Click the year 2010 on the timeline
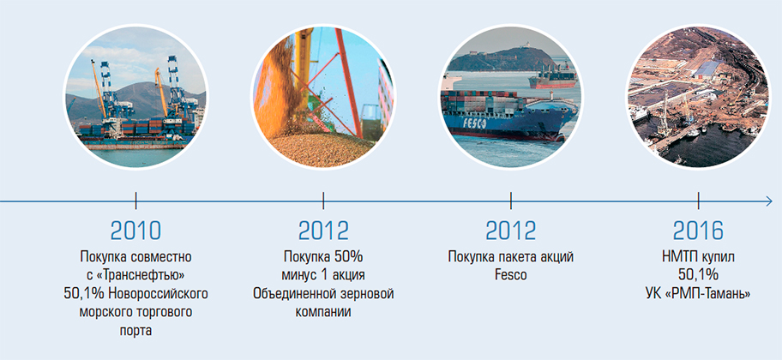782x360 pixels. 135,231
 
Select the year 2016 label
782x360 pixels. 698,231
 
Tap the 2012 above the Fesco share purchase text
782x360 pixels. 511,231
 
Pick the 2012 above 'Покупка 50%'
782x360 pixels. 323,231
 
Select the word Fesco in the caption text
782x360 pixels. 511,275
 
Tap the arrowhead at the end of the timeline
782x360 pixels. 768,201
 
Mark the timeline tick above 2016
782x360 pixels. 698,201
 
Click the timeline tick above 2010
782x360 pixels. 135,201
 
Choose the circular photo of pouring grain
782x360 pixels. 323,97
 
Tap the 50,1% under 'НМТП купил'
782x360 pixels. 698,275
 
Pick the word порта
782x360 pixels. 135,331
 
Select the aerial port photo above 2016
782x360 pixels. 698,97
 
